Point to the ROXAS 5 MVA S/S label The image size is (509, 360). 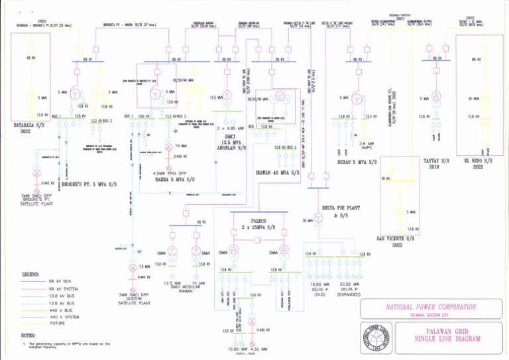(361, 160)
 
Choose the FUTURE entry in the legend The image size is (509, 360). (58, 324)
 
